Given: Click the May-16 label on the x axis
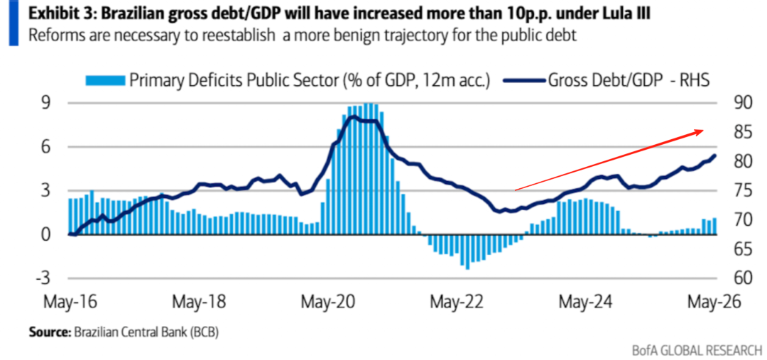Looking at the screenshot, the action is pos(70,301).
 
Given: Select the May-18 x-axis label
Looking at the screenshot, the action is pos(199,301).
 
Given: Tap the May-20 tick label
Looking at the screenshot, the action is pos(327,301).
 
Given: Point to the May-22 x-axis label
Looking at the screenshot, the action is pos(457,301).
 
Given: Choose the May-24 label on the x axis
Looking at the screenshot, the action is pos(585,301).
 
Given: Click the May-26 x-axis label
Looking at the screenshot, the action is pos(714,301).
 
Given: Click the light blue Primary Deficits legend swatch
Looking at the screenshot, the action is pos(105,80).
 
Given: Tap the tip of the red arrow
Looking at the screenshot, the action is pos(704,130).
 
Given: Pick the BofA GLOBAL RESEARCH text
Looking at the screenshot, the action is pos(697,350).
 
